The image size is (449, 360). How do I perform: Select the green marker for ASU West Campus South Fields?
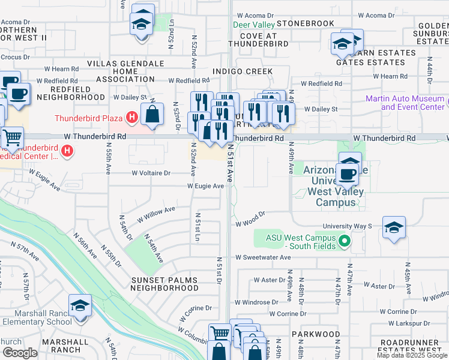[344, 241]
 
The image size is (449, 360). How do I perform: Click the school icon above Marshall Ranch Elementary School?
[80, 307]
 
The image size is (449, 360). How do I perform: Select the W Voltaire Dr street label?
[151, 173]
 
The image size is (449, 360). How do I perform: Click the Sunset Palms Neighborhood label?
[165, 284]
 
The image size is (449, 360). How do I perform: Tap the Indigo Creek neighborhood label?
[244, 71]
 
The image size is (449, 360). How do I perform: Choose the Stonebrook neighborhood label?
[305, 23]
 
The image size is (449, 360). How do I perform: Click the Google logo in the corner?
[20, 353]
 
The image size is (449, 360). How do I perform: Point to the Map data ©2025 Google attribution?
[412, 355]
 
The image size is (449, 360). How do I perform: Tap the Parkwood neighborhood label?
[316, 334]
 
